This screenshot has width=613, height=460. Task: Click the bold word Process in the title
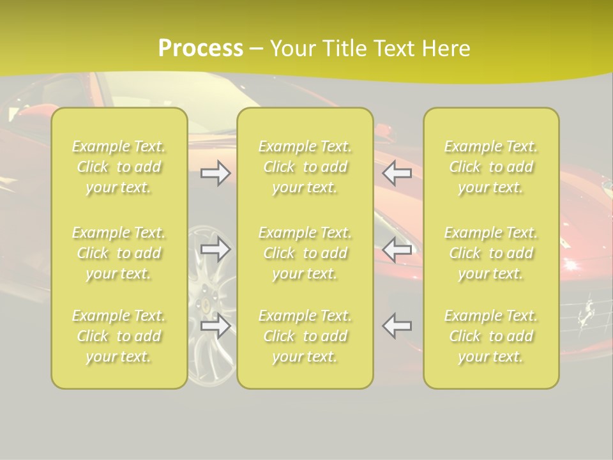coord(201,49)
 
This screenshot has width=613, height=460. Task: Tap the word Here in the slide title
coord(445,49)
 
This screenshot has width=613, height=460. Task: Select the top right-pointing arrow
coord(216,173)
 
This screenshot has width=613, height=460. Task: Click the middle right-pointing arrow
coord(216,249)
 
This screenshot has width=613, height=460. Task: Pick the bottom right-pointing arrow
coord(216,326)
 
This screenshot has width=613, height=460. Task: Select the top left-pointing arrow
coord(397,173)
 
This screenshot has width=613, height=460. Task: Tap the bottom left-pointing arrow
coord(397,326)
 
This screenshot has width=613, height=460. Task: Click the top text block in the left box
coord(119,167)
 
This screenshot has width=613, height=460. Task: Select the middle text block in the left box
coord(119,253)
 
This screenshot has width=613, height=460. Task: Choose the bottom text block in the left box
coord(119,336)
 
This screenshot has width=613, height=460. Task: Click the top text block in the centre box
coord(305,167)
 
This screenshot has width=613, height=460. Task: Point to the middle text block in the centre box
coord(305,253)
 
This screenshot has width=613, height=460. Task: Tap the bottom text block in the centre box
coord(305,336)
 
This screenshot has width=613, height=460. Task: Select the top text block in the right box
coord(491,167)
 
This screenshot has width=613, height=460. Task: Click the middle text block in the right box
coord(491,253)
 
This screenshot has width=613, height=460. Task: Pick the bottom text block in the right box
coord(491,336)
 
